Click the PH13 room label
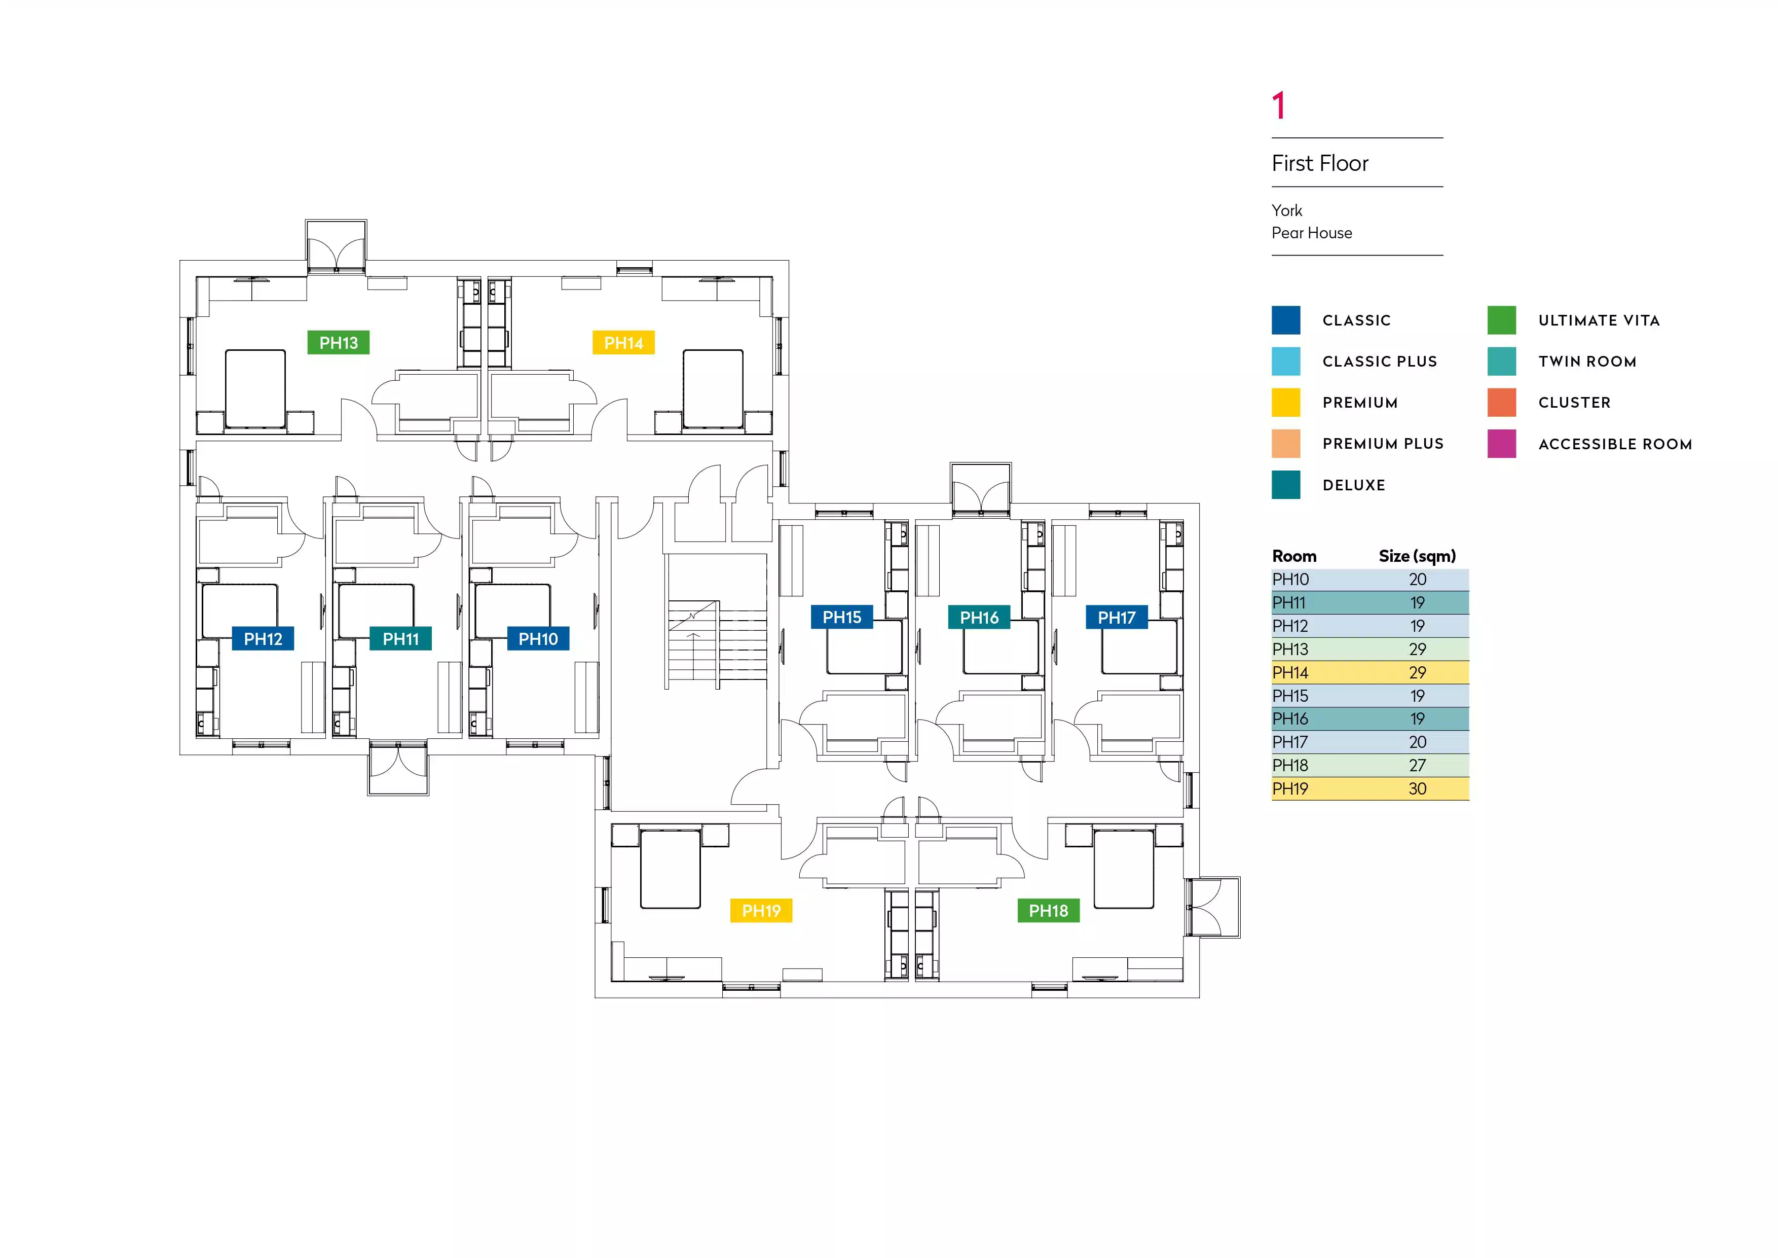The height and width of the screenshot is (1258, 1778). (x=339, y=342)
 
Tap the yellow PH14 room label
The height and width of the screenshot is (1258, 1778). (x=623, y=342)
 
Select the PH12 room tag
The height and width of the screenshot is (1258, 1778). (x=263, y=639)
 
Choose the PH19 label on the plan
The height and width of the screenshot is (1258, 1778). (x=761, y=911)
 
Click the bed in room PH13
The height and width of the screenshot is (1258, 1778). (x=255, y=388)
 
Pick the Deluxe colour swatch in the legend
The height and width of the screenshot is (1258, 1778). (x=1285, y=485)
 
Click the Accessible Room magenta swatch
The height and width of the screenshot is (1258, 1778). (x=1502, y=444)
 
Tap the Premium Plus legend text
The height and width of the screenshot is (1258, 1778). (x=1383, y=444)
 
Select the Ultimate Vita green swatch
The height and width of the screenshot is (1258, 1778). (x=1502, y=320)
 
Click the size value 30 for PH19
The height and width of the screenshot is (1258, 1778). (x=1417, y=788)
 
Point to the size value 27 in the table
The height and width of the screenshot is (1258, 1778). (x=1417, y=765)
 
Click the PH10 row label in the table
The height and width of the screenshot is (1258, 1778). (x=1290, y=580)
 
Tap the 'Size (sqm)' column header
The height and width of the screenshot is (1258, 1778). (x=1417, y=556)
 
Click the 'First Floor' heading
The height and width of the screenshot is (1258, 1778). (x=1319, y=163)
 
